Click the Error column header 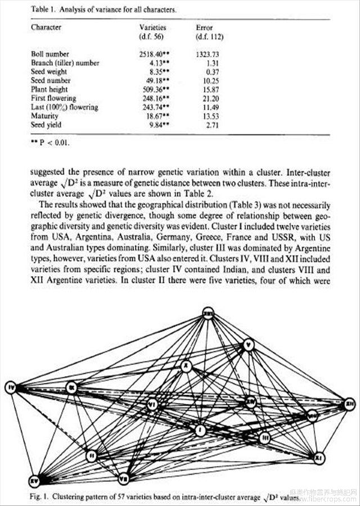[204, 27]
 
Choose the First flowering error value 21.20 [213, 98]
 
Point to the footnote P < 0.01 [51, 143]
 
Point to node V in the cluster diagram [249, 344]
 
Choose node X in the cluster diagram [186, 367]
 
